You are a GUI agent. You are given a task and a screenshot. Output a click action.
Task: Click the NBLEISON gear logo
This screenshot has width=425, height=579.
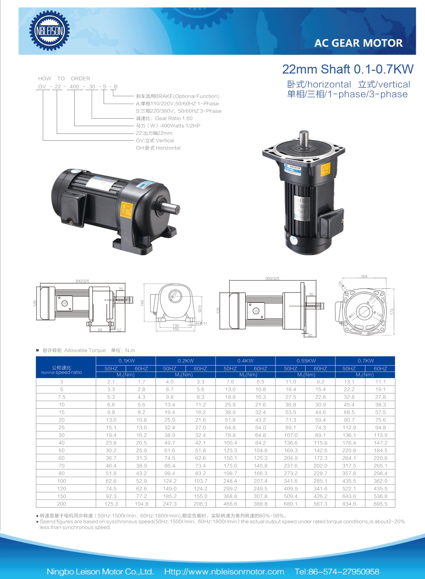pyautogui.click(x=49, y=31)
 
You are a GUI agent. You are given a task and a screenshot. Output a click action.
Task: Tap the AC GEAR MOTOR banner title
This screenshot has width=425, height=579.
pyautogui.click(x=358, y=43)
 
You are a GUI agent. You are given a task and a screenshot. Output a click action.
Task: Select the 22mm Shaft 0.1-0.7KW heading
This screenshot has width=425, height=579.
pyautogui.click(x=347, y=69)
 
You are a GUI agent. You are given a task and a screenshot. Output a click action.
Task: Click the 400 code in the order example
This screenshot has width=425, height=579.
pyautogui.click(x=74, y=87)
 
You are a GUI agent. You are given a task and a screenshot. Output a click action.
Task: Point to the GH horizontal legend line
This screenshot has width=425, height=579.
pyautogui.click(x=158, y=148)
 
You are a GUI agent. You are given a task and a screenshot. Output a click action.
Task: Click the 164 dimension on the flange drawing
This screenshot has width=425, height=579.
pyautogui.click(x=364, y=276)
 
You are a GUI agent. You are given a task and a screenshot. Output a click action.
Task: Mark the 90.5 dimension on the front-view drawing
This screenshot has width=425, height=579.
pyautogui.click(x=200, y=309)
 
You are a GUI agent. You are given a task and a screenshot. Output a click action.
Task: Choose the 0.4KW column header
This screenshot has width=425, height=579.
pyautogui.click(x=245, y=360)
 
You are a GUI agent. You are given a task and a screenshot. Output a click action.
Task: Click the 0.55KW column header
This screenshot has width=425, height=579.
pyautogui.click(x=306, y=360)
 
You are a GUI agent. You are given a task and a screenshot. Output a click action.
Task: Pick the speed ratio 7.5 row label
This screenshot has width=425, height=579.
pyautogui.click(x=61, y=397)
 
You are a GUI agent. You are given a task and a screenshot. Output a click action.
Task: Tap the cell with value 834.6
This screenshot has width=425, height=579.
pyautogui.click(x=349, y=504)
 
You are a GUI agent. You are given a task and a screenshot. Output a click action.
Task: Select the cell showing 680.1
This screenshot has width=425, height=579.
pyautogui.click(x=291, y=504)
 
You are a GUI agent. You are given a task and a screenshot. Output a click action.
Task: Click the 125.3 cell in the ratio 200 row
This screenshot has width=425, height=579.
pyautogui.click(x=111, y=504)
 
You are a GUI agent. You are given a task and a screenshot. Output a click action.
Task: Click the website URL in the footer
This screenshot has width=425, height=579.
pyautogui.click(x=224, y=572)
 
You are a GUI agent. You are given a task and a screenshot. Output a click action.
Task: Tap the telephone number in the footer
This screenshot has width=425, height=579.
pyautogui.click(x=337, y=572)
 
